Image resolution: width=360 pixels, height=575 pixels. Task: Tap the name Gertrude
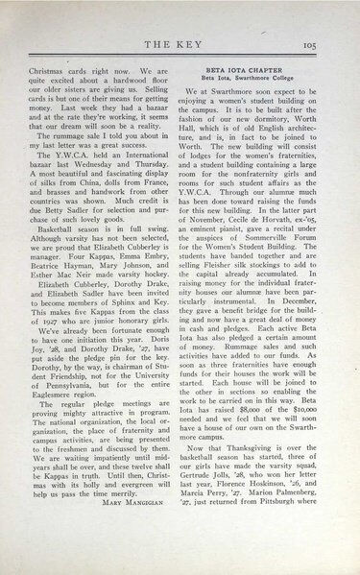coord(214,497)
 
